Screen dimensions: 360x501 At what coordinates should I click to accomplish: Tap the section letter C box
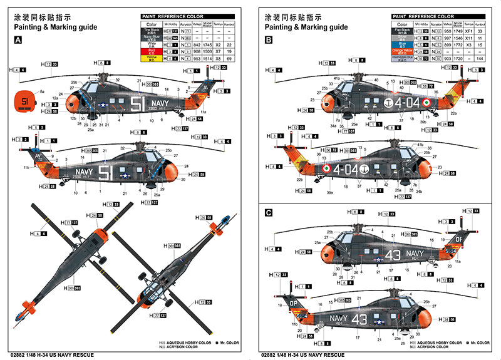click(269, 213)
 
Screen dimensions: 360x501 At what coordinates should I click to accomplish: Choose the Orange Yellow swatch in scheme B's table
click(402, 51)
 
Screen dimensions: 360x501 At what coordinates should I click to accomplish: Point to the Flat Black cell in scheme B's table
click(402, 29)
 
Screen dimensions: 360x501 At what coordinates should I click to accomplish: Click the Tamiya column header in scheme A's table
click(219, 24)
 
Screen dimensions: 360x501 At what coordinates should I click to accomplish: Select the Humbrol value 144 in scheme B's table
click(479, 58)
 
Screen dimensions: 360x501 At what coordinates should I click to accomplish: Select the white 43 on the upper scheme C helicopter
click(393, 255)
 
